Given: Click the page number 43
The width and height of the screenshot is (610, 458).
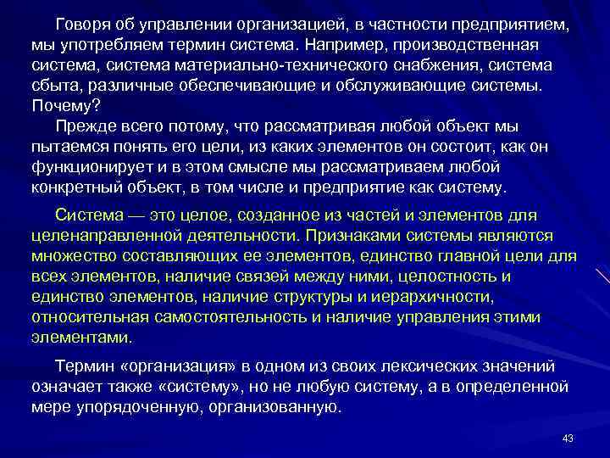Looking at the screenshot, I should click(568, 438).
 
